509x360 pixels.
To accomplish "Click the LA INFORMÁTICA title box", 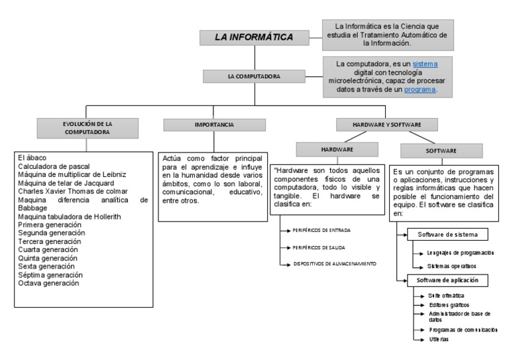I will point(254,37).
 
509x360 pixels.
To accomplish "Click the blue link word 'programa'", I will point(420,90).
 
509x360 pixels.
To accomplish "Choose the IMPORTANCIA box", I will point(214,125).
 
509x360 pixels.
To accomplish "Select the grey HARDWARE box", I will point(337,150).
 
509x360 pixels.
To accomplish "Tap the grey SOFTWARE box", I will point(441,150).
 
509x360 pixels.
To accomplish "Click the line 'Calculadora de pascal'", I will point(54,166).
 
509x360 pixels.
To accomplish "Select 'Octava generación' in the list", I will point(48,283).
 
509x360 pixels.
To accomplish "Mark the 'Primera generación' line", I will point(50,225).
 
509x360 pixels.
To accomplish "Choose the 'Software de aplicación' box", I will point(447,280).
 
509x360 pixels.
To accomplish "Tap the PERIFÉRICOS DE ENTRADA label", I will point(321,230).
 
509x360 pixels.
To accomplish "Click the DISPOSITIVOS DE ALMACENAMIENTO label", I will point(335,263).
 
